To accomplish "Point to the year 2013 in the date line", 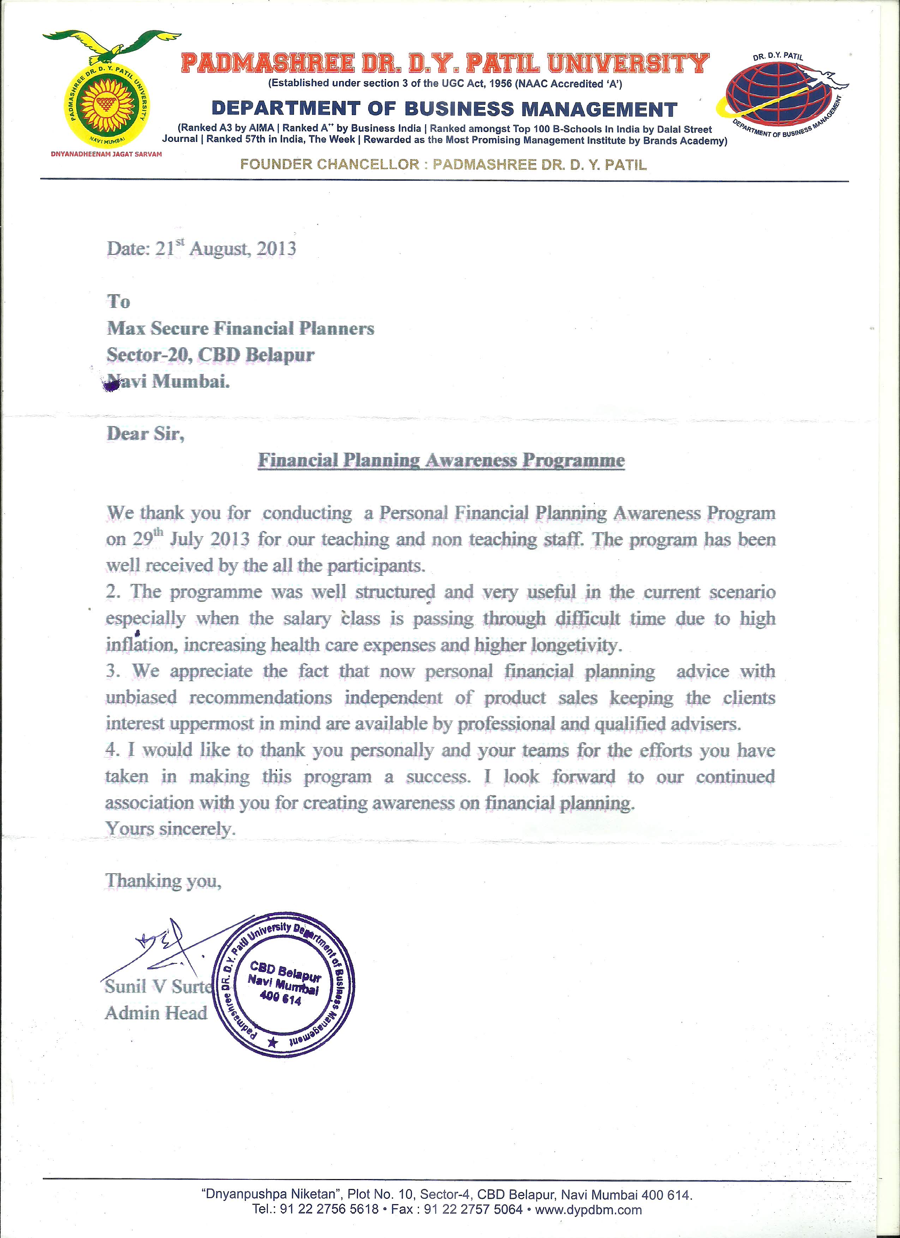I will pos(276,249).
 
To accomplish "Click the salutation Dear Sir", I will pos(145,434).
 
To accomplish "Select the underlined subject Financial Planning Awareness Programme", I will pos(441,460).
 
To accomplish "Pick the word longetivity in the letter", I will pos(581,645).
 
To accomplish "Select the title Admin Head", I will pos(156,1013).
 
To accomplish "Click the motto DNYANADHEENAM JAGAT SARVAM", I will pos(107,154).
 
